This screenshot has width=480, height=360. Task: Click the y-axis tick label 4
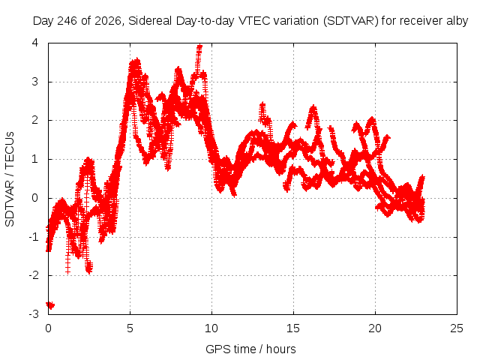click(x=35, y=43)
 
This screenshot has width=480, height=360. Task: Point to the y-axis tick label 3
click(x=35, y=82)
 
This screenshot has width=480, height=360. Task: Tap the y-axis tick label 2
click(x=35, y=120)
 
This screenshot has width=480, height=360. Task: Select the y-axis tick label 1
click(x=35, y=159)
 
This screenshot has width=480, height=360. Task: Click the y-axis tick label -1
click(x=34, y=237)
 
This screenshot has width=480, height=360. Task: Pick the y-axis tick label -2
click(x=34, y=275)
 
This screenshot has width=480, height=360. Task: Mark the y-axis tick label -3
click(x=34, y=314)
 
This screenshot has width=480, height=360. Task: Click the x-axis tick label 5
click(x=130, y=328)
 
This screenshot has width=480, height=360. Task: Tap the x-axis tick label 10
click(x=211, y=328)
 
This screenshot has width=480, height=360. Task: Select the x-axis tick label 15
click(x=293, y=328)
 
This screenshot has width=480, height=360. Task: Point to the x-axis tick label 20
click(x=375, y=328)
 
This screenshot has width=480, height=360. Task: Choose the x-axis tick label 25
click(x=457, y=328)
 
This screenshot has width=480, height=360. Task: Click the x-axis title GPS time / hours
click(x=250, y=349)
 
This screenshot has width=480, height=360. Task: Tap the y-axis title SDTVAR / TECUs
click(x=10, y=179)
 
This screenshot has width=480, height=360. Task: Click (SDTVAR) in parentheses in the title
click(x=351, y=21)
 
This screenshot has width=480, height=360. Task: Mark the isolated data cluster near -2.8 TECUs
click(x=50, y=305)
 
